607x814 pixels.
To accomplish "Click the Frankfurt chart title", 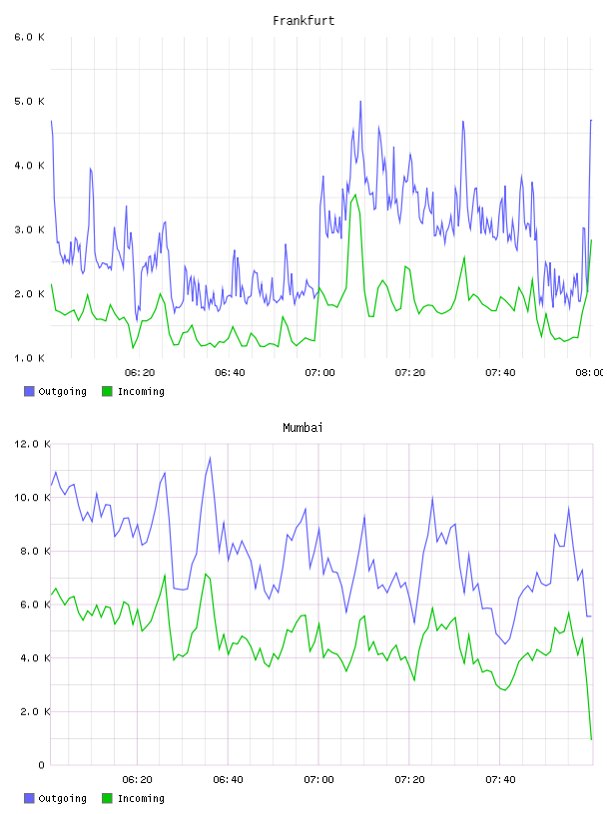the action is (x=303, y=21).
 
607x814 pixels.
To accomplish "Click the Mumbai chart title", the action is (x=303, y=428).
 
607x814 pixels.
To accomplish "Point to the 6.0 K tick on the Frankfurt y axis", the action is (x=29, y=37).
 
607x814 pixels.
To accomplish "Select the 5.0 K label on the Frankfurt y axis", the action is (x=29, y=101).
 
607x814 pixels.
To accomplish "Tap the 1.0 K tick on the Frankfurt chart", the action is (x=29, y=358).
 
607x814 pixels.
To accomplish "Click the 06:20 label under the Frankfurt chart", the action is (x=140, y=373).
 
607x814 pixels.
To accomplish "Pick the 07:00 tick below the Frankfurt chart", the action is (x=320, y=373).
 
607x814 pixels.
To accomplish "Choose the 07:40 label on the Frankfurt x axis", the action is (x=500, y=373).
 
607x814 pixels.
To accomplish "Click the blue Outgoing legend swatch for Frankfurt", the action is (x=29, y=391).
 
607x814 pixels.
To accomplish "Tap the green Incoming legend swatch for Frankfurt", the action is (x=107, y=391).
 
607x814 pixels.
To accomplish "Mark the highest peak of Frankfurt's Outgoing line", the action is (x=360, y=102).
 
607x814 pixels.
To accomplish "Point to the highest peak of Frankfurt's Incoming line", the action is (x=355, y=195).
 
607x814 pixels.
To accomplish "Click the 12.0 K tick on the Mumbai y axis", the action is (x=32, y=444).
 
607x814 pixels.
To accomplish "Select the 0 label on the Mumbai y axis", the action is (x=42, y=765).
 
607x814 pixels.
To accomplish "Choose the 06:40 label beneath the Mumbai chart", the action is (x=229, y=780).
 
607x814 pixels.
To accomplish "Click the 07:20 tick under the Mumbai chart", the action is (x=409, y=780).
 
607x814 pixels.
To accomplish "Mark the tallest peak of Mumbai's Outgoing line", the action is (x=210, y=457).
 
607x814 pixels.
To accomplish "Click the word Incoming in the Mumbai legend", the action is (x=141, y=798).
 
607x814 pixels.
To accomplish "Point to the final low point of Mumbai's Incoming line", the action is (x=591, y=739).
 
